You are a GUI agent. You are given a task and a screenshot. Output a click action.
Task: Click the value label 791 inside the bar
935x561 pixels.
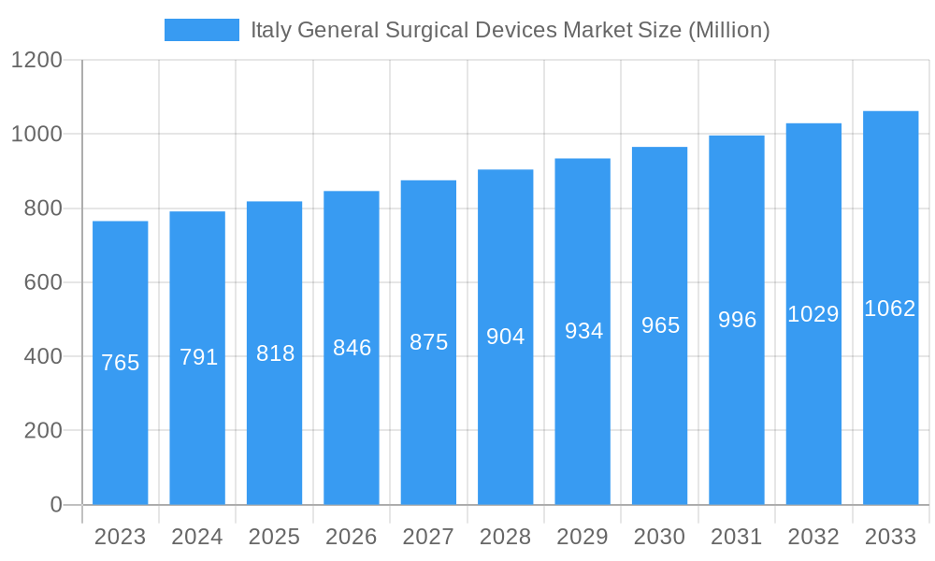click(x=198, y=357)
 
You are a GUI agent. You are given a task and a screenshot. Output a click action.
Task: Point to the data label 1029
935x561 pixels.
click(x=813, y=314)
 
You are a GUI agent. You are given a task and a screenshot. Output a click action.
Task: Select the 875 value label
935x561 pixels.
click(x=428, y=342)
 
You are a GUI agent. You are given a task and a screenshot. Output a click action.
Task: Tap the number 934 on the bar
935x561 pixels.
click(x=583, y=331)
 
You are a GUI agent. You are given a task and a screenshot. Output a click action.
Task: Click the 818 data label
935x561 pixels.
click(x=275, y=353)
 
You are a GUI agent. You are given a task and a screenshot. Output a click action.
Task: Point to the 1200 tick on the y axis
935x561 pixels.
click(x=36, y=60)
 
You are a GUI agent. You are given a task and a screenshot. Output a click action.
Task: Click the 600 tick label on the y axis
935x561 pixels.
click(x=42, y=282)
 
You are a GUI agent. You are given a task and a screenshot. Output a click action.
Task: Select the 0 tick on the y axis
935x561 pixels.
click(x=55, y=505)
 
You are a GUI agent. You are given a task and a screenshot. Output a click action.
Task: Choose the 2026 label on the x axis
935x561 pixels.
click(x=351, y=537)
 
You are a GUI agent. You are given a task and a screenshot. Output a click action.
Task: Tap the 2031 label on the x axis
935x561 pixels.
click(x=736, y=537)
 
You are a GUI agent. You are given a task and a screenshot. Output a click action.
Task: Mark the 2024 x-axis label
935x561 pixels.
click(x=197, y=537)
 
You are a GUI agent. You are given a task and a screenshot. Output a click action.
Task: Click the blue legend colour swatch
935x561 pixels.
click(x=201, y=30)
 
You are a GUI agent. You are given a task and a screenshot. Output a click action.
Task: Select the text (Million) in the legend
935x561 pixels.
click(x=728, y=30)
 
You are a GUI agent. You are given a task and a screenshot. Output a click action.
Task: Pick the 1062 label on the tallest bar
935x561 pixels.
click(x=890, y=309)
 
